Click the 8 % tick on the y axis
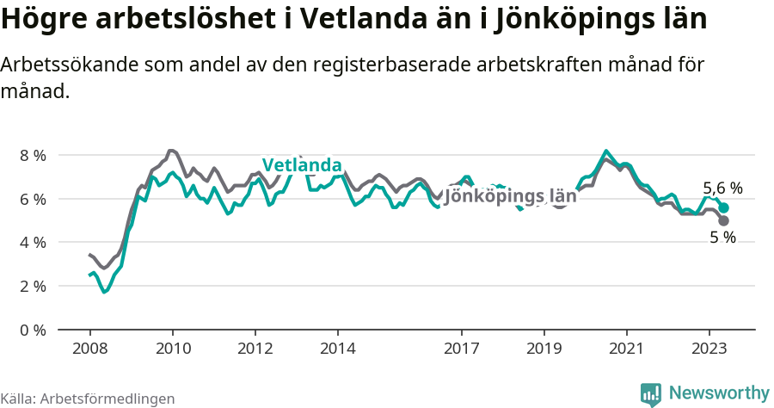click(33, 155)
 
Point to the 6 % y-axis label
click(33, 199)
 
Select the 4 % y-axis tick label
click(33, 243)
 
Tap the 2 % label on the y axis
click(33, 286)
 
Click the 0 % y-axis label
click(33, 330)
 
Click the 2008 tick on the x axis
click(89, 349)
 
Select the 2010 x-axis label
click(172, 349)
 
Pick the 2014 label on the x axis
click(338, 349)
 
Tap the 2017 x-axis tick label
click(462, 349)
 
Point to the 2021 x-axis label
click(627, 349)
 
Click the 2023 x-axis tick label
click(709, 349)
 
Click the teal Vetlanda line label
click(302, 165)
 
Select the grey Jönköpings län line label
click(510, 195)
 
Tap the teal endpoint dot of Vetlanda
click(724, 208)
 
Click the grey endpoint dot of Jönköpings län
click(724, 221)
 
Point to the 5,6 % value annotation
click(722, 188)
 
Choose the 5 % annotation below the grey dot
click(722, 238)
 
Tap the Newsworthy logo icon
click(651, 394)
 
